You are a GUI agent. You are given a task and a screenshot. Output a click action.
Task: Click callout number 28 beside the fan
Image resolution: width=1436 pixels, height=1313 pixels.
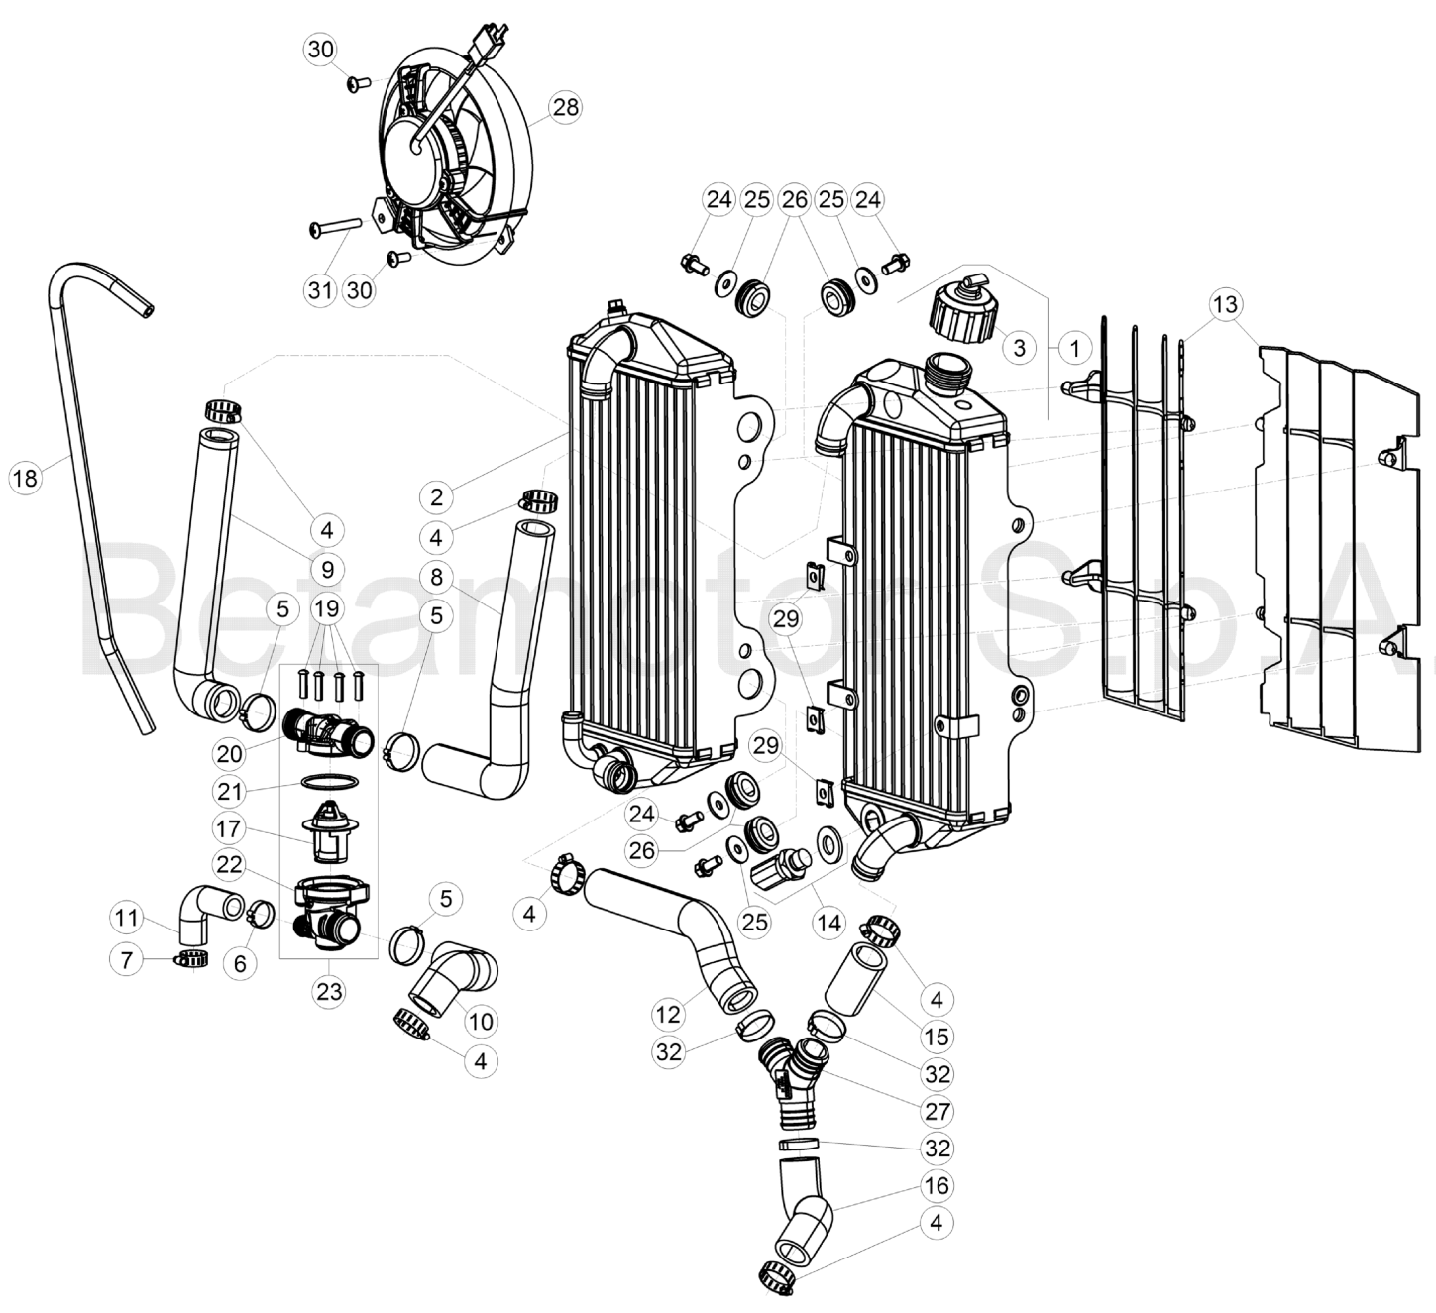pos(565,107)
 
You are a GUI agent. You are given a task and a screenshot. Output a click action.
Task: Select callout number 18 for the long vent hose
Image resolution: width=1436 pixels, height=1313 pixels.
pos(25,479)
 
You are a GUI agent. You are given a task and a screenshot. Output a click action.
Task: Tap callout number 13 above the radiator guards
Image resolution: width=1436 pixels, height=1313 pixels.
pos(1225,304)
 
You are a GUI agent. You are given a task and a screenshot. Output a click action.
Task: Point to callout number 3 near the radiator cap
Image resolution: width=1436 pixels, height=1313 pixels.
pos(1019,347)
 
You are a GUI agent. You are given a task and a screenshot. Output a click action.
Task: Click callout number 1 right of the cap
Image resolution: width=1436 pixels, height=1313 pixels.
pos(1072,348)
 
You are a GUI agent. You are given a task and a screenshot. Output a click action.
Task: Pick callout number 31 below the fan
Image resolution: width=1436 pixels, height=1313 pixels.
pos(319,290)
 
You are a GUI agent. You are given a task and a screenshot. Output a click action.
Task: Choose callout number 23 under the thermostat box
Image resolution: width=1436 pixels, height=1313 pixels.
pos(329,990)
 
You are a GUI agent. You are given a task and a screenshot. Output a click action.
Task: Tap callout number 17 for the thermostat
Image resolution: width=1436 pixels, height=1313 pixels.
pos(229,827)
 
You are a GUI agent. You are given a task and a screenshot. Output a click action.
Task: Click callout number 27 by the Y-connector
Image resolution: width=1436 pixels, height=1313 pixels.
pos(938,1110)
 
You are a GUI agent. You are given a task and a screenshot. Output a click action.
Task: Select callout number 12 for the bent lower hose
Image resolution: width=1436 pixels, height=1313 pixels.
pos(669,1015)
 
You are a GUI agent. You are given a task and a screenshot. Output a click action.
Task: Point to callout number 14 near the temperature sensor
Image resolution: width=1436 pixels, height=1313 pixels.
pos(828,924)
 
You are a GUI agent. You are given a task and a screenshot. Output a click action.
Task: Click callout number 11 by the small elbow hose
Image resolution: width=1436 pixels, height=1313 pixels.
pos(126,918)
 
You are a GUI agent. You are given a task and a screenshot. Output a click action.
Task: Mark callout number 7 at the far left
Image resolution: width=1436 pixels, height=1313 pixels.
pos(126,959)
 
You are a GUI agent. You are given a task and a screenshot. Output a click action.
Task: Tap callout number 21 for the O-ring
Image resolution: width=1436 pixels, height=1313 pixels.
pos(229,791)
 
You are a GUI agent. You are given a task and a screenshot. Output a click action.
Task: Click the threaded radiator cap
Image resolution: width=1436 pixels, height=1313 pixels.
pos(957,309)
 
